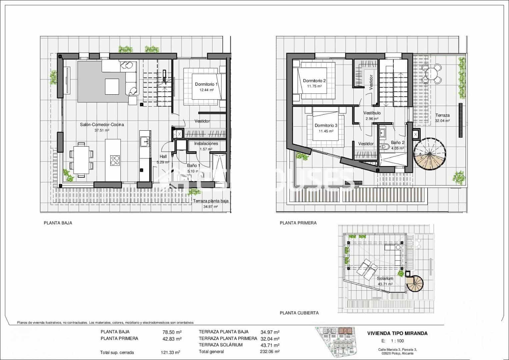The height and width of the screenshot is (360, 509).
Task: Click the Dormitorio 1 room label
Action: (x=206, y=84)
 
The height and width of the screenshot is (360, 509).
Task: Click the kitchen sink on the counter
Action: (x=145, y=141)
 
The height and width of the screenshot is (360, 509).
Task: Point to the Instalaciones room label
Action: (x=206, y=144)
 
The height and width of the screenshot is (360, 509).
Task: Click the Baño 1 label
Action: (x=193, y=165)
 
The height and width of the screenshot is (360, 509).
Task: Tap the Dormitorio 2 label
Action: (x=314, y=81)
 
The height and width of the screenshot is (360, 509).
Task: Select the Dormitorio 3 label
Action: (x=326, y=126)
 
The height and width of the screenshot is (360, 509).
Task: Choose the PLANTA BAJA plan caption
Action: (x=58, y=223)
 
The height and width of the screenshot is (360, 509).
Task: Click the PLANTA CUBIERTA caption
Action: (x=299, y=313)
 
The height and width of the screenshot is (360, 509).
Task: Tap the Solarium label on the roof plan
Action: (x=385, y=278)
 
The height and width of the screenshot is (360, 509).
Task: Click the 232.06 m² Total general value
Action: (x=269, y=352)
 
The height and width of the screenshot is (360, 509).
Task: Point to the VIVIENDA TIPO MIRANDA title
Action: (x=397, y=333)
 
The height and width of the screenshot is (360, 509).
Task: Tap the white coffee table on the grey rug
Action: (x=112, y=86)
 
